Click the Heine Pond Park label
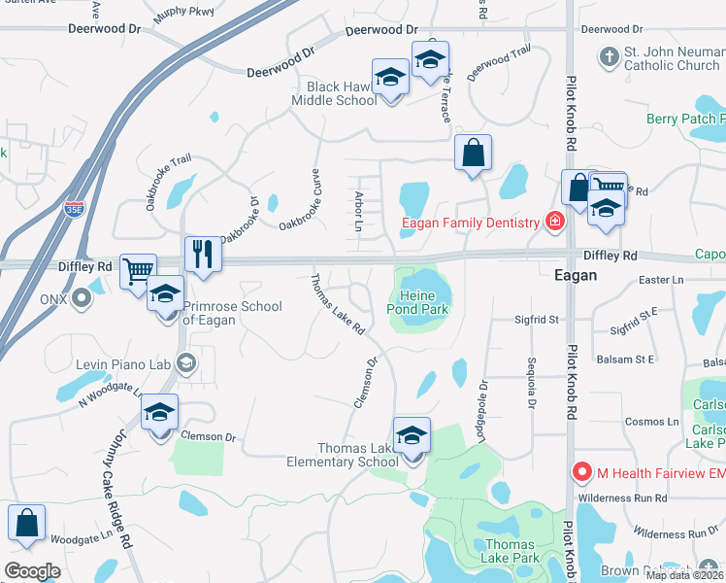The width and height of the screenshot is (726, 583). (x=421, y=301)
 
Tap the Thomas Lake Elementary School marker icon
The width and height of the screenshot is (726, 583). (x=412, y=436)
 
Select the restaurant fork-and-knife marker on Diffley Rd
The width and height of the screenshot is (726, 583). (x=203, y=255)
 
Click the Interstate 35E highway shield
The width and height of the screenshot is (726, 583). (x=75, y=208)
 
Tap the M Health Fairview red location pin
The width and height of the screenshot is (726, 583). (x=582, y=472)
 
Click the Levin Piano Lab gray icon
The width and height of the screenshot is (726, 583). (x=186, y=364)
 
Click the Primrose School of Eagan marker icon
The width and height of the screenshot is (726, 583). (x=166, y=294)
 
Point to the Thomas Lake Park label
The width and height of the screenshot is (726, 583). (x=511, y=551)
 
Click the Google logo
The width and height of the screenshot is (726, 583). (x=32, y=570)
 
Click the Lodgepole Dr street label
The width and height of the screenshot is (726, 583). (x=481, y=408)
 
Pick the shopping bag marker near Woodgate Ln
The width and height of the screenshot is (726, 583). (x=27, y=522)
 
